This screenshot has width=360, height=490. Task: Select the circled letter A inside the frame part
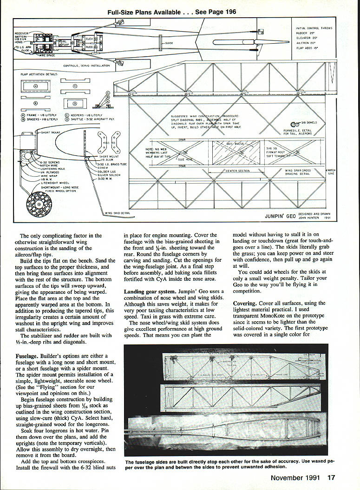tap(36, 87)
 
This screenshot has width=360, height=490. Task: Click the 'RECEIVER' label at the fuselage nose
tap(21, 34)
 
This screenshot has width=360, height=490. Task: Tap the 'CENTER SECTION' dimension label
tap(238, 171)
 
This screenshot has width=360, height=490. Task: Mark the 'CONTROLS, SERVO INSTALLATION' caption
tap(86, 66)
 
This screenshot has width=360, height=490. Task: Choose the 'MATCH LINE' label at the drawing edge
tap(330, 172)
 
